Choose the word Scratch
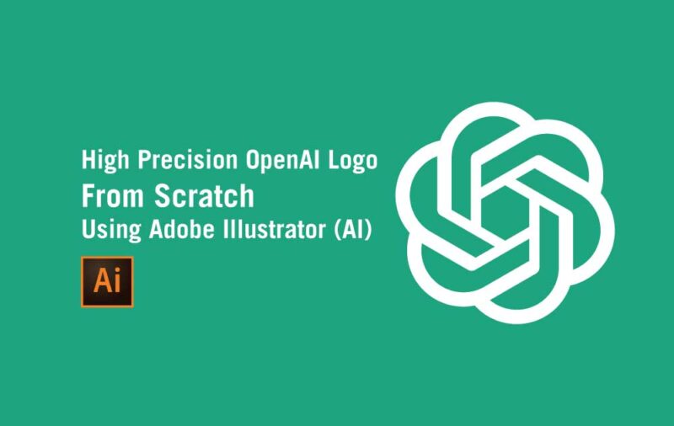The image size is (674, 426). (x=204, y=195)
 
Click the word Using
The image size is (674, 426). (x=105, y=230)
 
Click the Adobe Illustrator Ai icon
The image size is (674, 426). (x=107, y=280)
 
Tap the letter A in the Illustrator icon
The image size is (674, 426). (x=101, y=280)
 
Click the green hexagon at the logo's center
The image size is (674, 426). (x=505, y=213)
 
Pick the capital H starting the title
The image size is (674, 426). (x=87, y=160)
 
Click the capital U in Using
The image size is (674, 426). (x=88, y=229)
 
